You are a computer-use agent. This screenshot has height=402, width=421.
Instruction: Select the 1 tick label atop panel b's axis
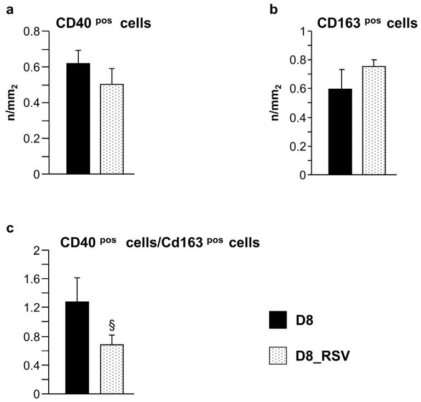[x=299, y=31]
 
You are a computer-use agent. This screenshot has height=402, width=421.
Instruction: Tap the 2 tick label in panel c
[x=37, y=251]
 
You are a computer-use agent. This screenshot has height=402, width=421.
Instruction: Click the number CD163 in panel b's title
[x=339, y=24]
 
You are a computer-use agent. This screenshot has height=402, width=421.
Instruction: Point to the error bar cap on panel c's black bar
[x=78, y=278]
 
